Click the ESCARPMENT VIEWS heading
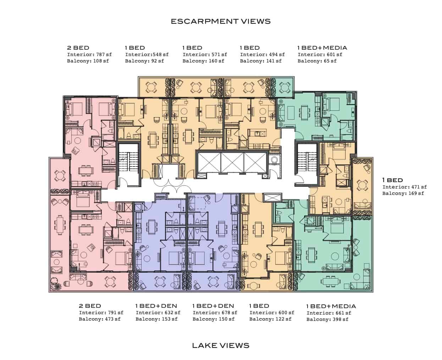click(221, 21)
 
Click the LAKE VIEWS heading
click(221, 345)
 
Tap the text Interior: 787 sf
click(89, 55)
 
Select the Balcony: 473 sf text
click(100, 319)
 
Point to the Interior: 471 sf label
click(405, 187)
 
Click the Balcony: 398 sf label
click(327, 319)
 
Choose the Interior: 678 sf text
click(215, 312)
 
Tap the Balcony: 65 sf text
click(317, 61)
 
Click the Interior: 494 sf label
click(262, 55)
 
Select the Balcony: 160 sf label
click(203, 61)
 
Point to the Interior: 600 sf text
click(272, 312)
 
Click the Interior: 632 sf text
click(158, 312)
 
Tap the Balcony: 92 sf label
click(144, 61)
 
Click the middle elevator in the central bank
click(232, 163)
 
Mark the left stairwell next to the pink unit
click(128, 164)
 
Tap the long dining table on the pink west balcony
click(60, 225)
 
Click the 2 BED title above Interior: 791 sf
click(90, 306)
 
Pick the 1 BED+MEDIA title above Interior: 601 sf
click(322, 48)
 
